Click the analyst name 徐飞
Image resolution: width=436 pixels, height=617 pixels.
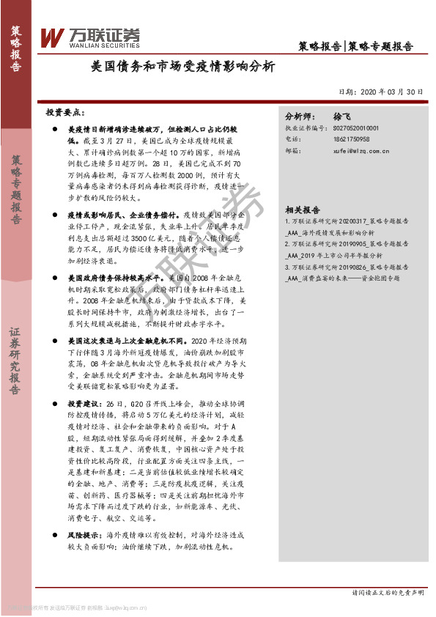tap(343, 117)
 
